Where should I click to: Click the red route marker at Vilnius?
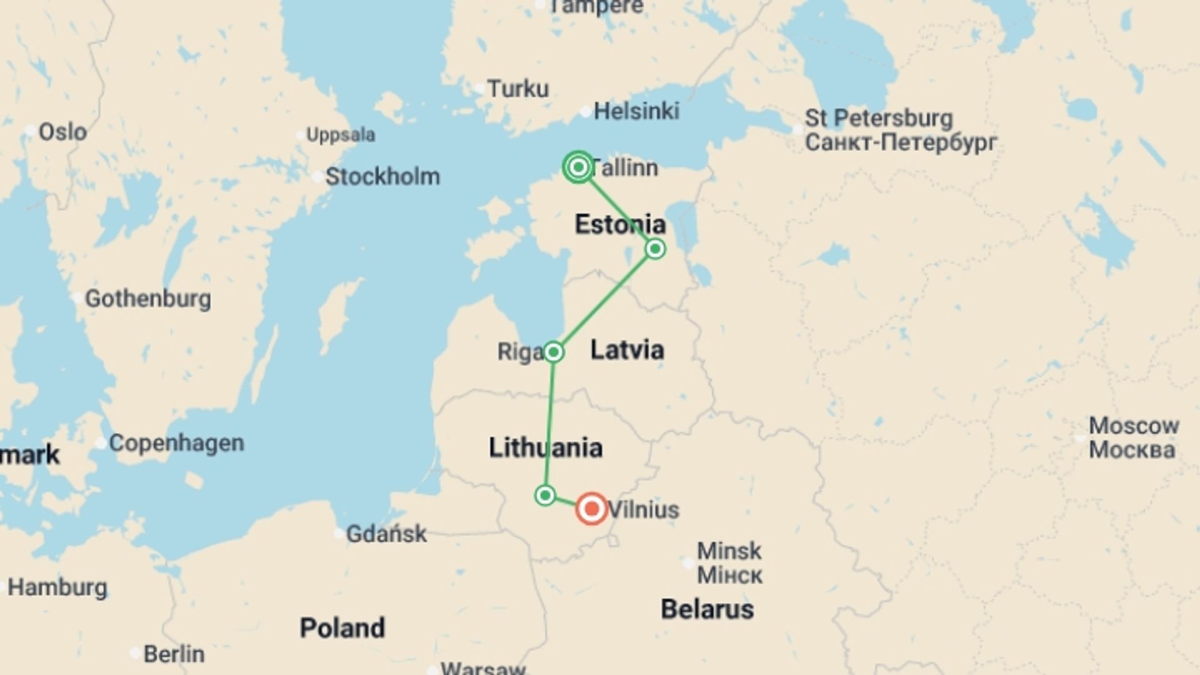pyautogui.click(x=591, y=509)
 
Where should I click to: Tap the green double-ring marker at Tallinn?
pyautogui.click(x=578, y=167)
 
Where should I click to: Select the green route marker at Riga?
pyautogui.click(x=553, y=352)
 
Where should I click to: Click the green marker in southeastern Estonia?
pyautogui.click(x=655, y=249)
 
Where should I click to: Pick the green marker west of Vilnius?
pyautogui.click(x=545, y=496)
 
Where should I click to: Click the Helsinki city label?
pyautogui.click(x=636, y=111)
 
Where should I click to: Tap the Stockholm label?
pyautogui.click(x=382, y=176)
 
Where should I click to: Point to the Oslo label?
pyautogui.click(x=62, y=132)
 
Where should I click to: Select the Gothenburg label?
pyautogui.click(x=147, y=298)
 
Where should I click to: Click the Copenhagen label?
pyautogui.click(x=176, y=443)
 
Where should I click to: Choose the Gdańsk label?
pyautogui.click(x=386, y=534)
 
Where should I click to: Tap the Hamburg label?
pyautogui.click(x=57, y=587)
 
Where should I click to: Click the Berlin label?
pyautogui.click(x=174, y=654)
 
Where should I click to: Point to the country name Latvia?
pyautogui.click(x=627, y=350)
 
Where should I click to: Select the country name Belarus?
pyautogui.click(x=707, y=609)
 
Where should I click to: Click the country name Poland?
pyautogui.click(x=342, y=628)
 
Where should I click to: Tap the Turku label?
pyautogui.click(x=517, y=89)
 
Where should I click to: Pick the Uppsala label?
pyautogui.click(x=341, y=135)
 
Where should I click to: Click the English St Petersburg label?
pyautogui.click(x=878, y=118)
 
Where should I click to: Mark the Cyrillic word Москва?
pyautogui.click(x=1132, y=450)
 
